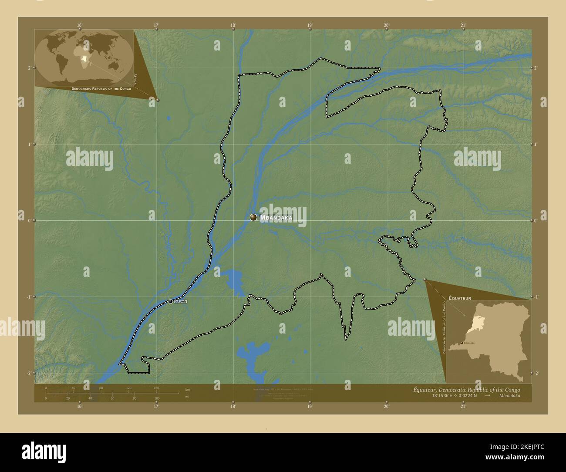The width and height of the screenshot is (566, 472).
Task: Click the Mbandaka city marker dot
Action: click(253, 217)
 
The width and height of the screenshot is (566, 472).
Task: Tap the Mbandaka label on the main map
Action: click(276, 218)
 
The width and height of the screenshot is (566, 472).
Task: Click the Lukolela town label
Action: click(180, 301)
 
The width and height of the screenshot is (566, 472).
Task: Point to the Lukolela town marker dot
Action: click(171, 301)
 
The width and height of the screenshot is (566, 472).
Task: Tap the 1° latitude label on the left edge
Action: click(30, 144)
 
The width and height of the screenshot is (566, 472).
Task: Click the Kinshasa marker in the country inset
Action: click(462, 343)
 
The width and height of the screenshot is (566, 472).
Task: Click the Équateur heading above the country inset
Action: click(460, 298)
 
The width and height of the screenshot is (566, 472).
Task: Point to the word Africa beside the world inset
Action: click(136, 79)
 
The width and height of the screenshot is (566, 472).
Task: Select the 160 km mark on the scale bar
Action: click(156, 388)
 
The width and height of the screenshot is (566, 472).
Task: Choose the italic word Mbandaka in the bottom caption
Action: click(509, 396)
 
